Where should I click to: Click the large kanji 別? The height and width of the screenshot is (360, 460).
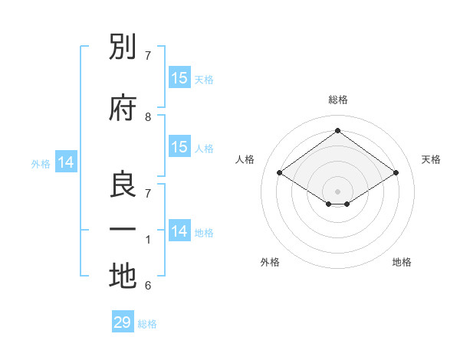coord(123,46)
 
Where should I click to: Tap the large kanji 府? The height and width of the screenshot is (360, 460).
coord(123,107)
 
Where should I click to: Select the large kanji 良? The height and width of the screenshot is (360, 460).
coord(123,184)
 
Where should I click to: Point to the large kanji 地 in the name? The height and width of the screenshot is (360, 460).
coord(123,276)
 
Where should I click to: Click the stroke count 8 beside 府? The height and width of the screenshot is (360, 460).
coord(148,117)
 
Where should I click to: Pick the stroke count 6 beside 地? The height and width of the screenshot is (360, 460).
coord(148,286)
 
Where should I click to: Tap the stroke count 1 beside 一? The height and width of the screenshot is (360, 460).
coord(148,240)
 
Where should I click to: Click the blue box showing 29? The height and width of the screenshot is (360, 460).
coord(123,321)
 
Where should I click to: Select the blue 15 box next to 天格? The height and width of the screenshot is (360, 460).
coord(180,77)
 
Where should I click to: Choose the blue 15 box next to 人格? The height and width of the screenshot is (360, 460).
coord(180,146)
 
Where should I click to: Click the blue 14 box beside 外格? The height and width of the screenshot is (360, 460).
coord(66,162)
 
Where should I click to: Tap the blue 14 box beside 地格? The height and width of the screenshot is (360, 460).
coord(180,230)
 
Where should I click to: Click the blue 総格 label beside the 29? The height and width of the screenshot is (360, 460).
coord(147,324)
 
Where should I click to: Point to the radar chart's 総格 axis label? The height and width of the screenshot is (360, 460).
coord(338,100)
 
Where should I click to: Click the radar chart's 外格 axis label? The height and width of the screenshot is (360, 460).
coord(270,262)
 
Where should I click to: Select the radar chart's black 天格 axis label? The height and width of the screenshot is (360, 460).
coord(431,159)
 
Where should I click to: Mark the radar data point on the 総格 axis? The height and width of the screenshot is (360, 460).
coord(337,130)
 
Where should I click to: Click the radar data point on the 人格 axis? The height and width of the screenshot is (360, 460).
coord(279,172)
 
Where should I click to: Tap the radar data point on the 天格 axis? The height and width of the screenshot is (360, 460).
coord(396,172)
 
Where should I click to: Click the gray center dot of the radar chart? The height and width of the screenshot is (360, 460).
coord(337,191)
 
